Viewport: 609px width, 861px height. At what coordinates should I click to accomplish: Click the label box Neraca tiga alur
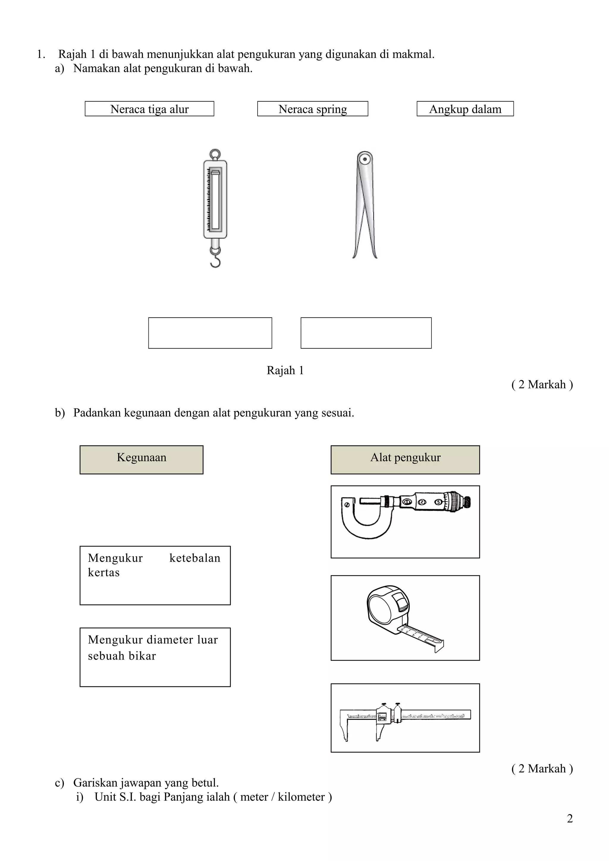(x=149, y=109)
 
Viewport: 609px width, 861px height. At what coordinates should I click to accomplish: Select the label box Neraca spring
(x=313, y=109)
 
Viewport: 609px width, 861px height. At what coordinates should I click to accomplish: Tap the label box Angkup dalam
(x=465, y=109)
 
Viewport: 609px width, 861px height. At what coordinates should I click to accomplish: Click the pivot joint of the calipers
(x=364, y=159)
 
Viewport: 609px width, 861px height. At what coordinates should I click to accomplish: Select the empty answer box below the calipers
(x=366, y=333)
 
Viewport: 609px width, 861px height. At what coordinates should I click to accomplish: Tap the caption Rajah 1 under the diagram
(x=285, y=370)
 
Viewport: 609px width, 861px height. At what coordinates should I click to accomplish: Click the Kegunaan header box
(x=142, y=459)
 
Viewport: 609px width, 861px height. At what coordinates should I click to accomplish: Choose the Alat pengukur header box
(x=405, y=459)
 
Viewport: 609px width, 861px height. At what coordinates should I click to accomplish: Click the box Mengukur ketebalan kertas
(x=155, y=575)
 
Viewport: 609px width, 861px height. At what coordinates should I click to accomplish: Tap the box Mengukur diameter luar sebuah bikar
(x=155, y=657)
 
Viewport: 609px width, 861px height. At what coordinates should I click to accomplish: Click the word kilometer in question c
(x=301, y=797)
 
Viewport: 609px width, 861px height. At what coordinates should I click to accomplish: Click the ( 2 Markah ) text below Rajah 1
(x=542, y=384)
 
